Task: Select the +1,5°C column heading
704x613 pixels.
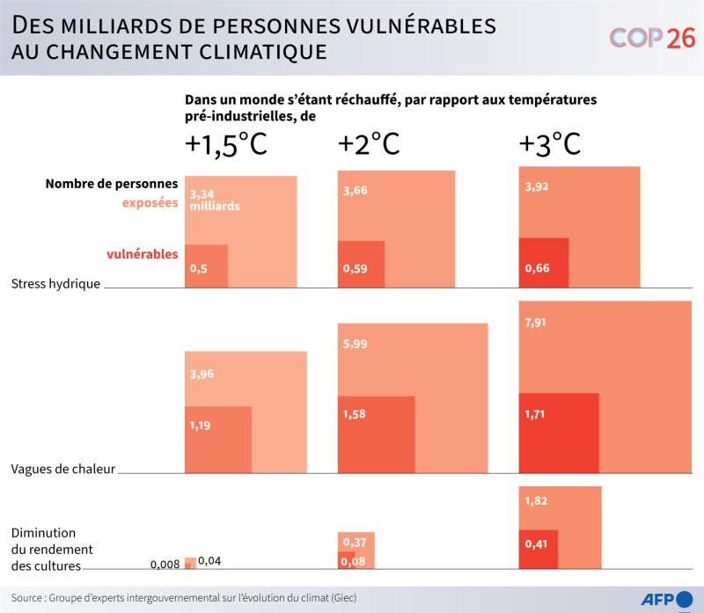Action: (x=225, y=145)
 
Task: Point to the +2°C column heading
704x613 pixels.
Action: (x=370, y=144)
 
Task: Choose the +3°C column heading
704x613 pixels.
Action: (x=550, y=144)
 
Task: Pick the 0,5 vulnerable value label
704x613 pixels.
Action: (x=198, y=269)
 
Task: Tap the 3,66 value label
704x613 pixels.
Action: (x=356, y=190)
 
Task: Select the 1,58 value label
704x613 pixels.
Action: (x=356, y=414)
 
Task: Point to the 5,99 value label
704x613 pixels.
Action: (x=356, y=344)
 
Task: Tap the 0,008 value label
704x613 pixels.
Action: (x=165, y=565)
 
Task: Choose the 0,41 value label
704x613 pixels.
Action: (x=536, y=544)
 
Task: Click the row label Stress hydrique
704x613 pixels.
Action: (x=55, y=284)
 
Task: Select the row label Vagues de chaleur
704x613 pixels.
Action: (x=62, y=470)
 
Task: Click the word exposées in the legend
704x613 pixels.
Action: (x=150, y=203)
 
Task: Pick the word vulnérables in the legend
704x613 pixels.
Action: (x=143, y=254)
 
